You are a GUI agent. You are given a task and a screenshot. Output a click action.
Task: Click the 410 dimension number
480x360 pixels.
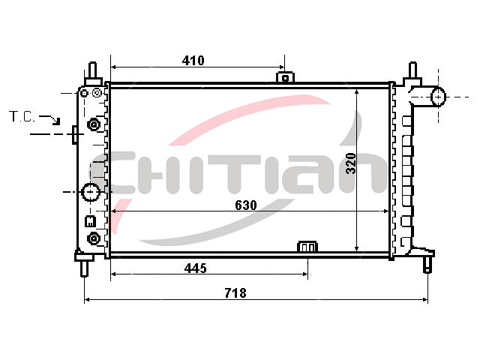(193, 61)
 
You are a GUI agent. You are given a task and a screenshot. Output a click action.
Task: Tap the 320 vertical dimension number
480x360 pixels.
(351, 163)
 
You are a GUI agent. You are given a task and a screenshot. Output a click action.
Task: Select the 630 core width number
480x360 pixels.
(246, 205)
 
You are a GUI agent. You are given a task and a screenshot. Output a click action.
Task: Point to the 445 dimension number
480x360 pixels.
(195, 268)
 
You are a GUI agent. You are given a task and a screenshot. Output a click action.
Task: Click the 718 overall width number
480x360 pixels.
(235, 293)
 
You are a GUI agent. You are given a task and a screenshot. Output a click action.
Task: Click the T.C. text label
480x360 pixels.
(22, 117)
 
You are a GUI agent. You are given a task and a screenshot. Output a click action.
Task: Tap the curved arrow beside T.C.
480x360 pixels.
(50, 119)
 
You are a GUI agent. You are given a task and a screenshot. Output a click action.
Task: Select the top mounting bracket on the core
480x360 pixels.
(285, 77)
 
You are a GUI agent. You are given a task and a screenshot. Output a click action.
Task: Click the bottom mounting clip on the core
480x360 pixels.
(307, 247)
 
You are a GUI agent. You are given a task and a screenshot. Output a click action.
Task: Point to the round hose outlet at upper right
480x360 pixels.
(438, 97)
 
